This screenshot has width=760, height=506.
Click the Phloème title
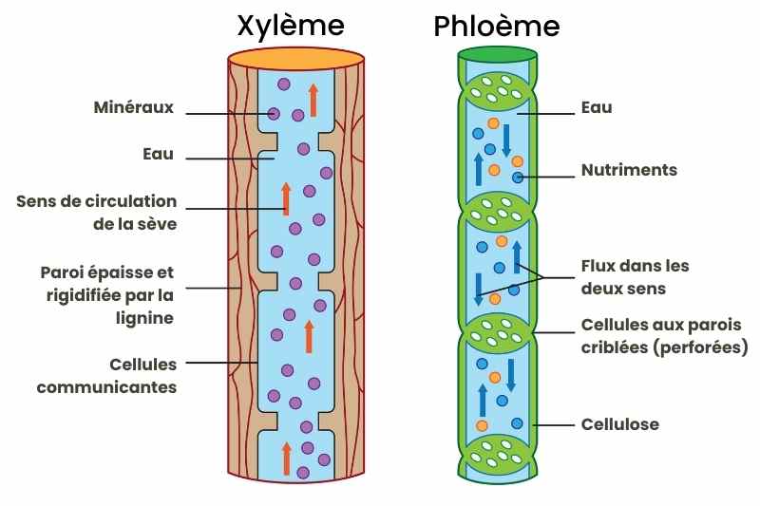tap(496, 26)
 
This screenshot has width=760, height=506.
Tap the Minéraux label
tap(134, 107)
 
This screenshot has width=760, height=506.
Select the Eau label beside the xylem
tap(158, 154)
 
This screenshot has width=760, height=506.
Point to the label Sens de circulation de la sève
tap(97, 213)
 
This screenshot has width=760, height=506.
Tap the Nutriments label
tap(629, 171)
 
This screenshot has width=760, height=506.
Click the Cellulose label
tap(619, 424)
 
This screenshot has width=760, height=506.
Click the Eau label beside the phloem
tap(597, 108)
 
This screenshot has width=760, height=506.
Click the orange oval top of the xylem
tap(297, 59)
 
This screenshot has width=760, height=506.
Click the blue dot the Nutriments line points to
tap(518, 178)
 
